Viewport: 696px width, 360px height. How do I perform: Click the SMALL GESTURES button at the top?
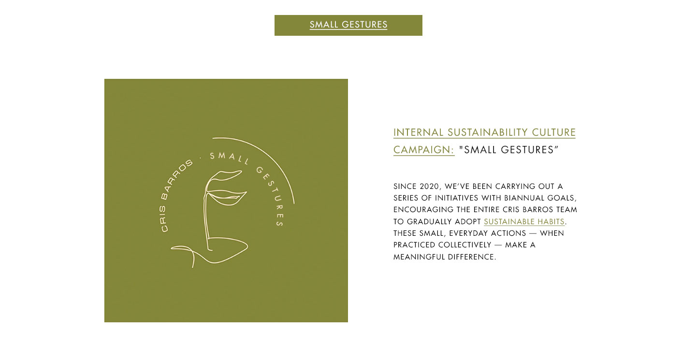coord(348,25)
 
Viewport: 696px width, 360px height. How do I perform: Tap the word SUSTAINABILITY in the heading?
coord(488,132)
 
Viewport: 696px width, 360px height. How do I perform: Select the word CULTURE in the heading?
coord(554,132)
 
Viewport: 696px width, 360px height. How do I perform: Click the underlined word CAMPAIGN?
coord(424,150)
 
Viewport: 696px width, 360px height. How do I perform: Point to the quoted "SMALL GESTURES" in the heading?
coord(508,150)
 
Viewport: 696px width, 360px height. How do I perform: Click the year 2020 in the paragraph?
coord(429,187)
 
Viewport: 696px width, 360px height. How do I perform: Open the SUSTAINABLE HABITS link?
coord(524,221)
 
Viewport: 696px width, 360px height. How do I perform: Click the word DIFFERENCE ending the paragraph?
coord(472,257)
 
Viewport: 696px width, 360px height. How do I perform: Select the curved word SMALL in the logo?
coord(229,157)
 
